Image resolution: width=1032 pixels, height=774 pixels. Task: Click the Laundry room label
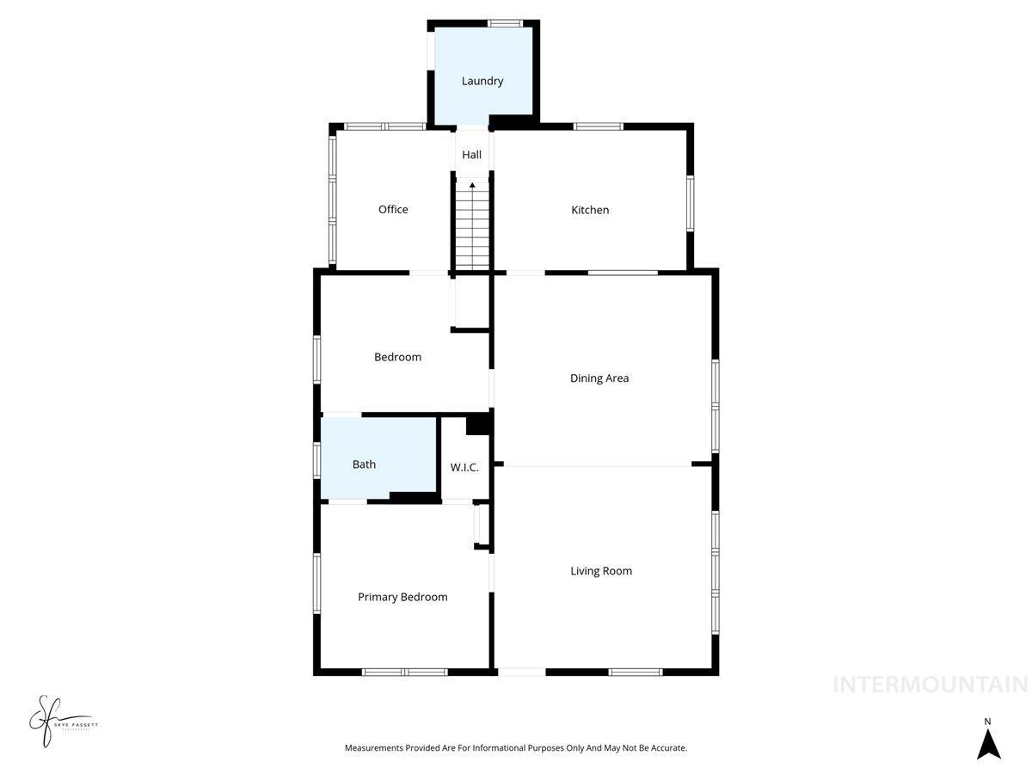pyautogui.click(x=482, y=81)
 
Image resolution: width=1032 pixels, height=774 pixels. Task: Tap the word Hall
pyautogui.click(x=471, y=155)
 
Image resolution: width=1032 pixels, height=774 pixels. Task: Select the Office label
pyautogui.click(x=393, y=209)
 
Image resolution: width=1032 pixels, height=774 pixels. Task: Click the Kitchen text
pyautogui.click(x=590, y=210)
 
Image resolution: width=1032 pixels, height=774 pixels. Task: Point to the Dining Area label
pyautogui.click(x=599, y=378)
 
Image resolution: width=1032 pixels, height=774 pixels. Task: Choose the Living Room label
pyautogui.click(x=601, y=570)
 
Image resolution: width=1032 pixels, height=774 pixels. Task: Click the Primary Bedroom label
pyautogui.click(x=402, y=597)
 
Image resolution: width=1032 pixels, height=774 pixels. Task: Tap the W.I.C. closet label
pyautogui.click(x=464, y=467)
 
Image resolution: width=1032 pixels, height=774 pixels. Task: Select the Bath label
pyautogui.click(x=364, y=464)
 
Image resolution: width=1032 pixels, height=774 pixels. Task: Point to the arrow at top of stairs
pyautogui.click(x=472, y=184)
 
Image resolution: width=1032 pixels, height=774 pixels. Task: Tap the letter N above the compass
pyautogui.click(x=988, y=722)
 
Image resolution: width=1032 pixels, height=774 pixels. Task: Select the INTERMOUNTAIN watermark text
pyautogui.click(x=931, y=685)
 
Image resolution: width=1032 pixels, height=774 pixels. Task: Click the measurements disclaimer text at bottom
pyautogui.click(x=516, y=748)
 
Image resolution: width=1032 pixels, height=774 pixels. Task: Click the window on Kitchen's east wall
pyautogui.click(x=690, y=203)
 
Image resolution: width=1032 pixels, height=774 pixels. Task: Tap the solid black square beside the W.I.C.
pyautogui.click(x=477, y=425)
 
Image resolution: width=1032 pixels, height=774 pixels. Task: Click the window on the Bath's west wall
pyautogui.click(x=317, y=458)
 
